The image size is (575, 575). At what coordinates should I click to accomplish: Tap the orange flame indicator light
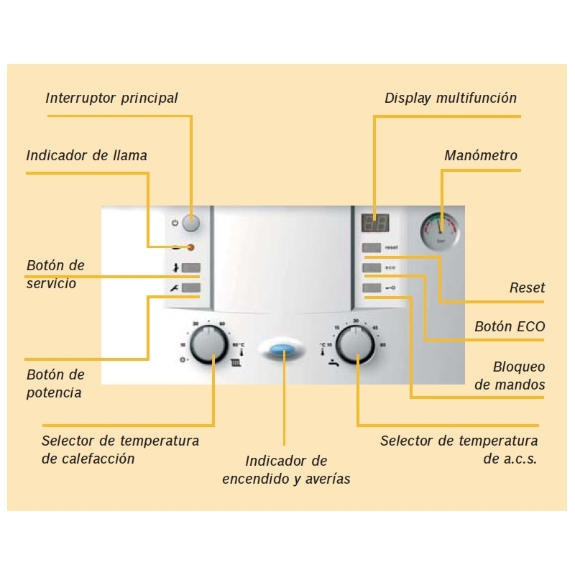click(x=190, y=248)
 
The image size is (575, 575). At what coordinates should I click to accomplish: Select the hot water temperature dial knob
click(x=355, y=344)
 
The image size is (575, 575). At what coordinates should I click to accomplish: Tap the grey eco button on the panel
click(x=372, y=269)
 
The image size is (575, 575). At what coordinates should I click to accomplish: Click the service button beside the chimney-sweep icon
click(x=190, y=269)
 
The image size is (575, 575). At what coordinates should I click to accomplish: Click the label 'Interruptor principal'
click(x=111, y=98)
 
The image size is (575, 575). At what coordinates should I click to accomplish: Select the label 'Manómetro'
click(x=481, y=155)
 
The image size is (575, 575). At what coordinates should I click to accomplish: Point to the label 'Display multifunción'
click(x=451, y=98)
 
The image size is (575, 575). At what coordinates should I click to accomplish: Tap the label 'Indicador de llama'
click(x=86, y=155)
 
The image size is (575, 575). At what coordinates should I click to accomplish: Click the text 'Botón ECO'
click(x=510, y=326)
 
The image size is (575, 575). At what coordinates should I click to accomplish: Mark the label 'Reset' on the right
click(x=527, y=287)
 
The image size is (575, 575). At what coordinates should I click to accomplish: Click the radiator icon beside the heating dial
click(x=235, y=363)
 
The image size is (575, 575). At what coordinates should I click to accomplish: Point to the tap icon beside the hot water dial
click(x=332, y=363)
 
